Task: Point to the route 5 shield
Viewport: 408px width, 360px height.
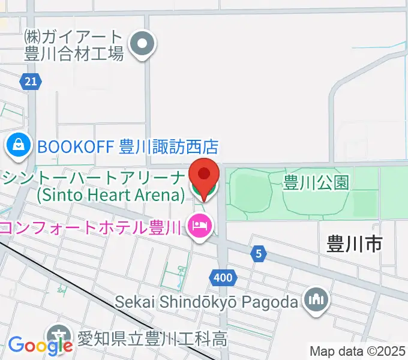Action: [x=259, y=253]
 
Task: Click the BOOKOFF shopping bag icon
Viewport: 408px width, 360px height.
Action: [x=19, y=145]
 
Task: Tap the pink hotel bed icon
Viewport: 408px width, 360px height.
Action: [x=199, y=227]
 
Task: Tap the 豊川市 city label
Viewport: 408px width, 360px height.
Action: [x=355, y=244]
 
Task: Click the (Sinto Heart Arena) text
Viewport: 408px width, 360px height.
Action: [x=110, y=195]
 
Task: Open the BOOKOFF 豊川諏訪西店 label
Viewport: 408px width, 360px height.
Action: [x=127, y=146]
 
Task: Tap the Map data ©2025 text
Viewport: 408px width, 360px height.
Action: [x=358, y=351]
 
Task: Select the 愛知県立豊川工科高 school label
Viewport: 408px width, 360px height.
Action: [x=150, y=338]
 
